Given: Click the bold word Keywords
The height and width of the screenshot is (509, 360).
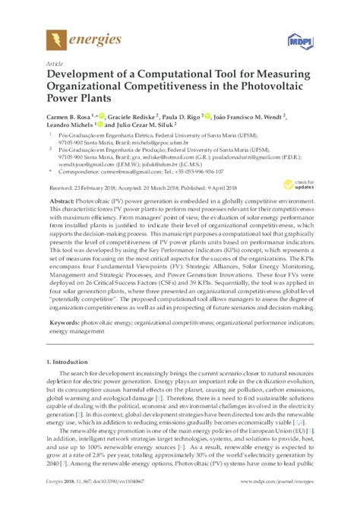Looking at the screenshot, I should point(65,324).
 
